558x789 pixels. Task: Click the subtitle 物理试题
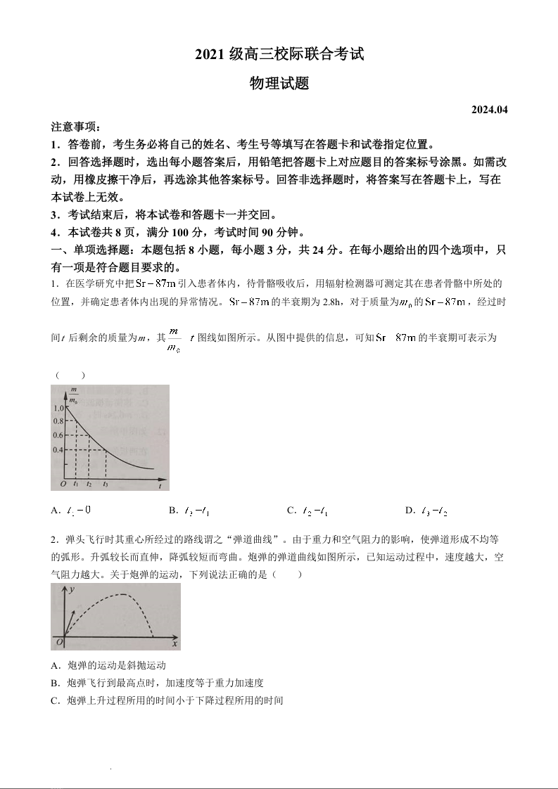(279, 84)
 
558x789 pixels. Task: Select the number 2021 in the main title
(210, 54)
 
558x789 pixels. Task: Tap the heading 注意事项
(76, 127)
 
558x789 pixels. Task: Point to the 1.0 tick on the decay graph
(58, 407)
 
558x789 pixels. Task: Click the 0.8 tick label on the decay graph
(58, 421)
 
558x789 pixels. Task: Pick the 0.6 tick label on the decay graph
(58, 435)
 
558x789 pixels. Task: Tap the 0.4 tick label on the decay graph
(58, 449)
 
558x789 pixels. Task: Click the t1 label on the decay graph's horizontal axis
(76, 485)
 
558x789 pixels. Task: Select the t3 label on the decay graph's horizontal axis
(106, 485)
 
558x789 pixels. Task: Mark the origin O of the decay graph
(63, 485)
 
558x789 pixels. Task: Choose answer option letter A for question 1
(55, 511)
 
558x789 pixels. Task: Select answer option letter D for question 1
(409, 511)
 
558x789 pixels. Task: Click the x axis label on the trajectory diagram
(174, 644)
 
